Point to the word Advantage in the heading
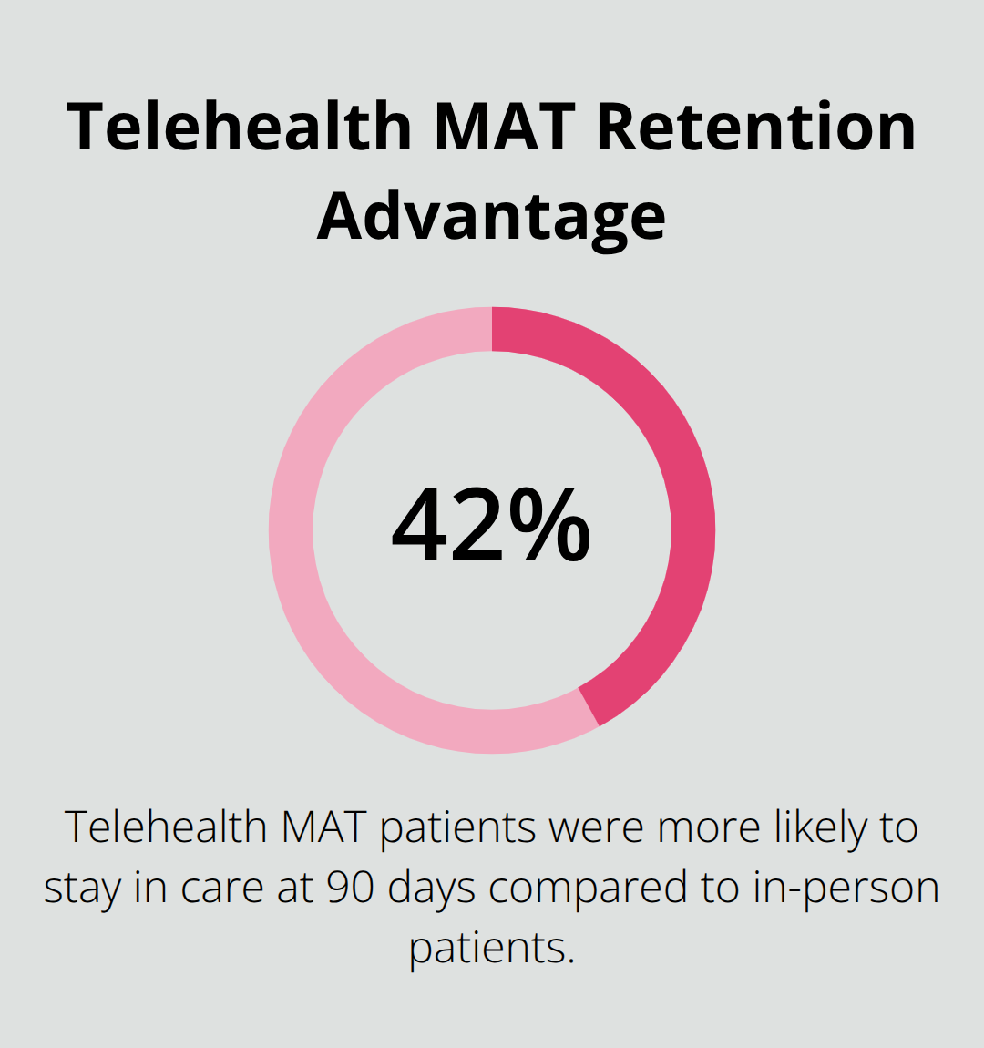(x=492, y=216)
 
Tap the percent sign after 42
(x=550, y=527)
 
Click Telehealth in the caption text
(x=166, y=828)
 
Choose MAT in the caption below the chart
(x=323, y=828)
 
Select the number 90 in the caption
(x=351, y=889)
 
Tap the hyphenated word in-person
(x=846, y=889)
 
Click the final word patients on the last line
(x=491, y=949)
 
